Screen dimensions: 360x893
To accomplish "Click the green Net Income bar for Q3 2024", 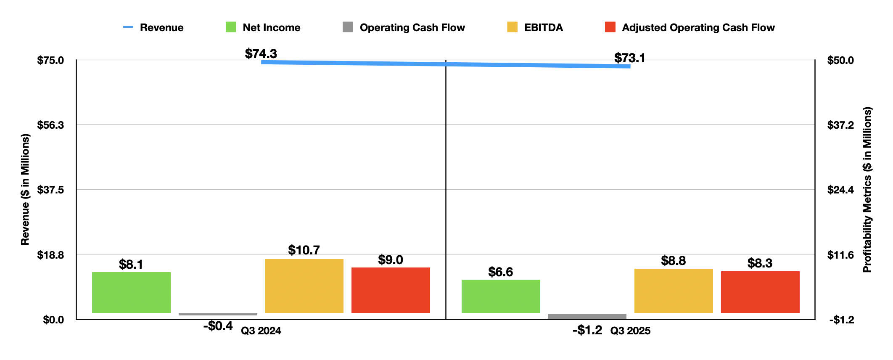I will click(131, 292).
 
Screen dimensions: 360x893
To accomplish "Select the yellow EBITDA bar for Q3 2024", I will click(304, 286).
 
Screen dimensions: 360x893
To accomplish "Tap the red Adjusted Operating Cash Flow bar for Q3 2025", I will click(760, 292).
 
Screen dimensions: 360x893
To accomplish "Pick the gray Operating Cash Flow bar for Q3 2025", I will click(587, 316).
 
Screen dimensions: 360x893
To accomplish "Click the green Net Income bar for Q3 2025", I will click(500, 296).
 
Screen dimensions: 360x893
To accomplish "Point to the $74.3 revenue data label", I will click(261, 54).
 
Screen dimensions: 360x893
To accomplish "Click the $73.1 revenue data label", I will click(629, 58).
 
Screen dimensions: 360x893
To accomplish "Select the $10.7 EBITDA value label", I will click(304, 250).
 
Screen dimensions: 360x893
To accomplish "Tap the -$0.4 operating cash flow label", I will click(218, 326).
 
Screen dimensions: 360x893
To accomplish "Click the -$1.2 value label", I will click(587, 330).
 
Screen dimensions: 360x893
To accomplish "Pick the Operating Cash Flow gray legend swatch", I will click(348, 27).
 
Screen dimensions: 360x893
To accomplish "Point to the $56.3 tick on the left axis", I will click(50, 125).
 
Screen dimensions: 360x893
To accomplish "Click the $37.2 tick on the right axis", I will click(841, 125).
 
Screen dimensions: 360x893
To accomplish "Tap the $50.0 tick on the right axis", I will click(841, 60).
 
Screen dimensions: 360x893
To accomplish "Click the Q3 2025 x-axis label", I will click(630, 331).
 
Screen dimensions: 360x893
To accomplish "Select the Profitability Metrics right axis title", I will click(867, 190).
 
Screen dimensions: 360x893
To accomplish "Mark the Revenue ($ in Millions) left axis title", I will click(25, 190).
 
